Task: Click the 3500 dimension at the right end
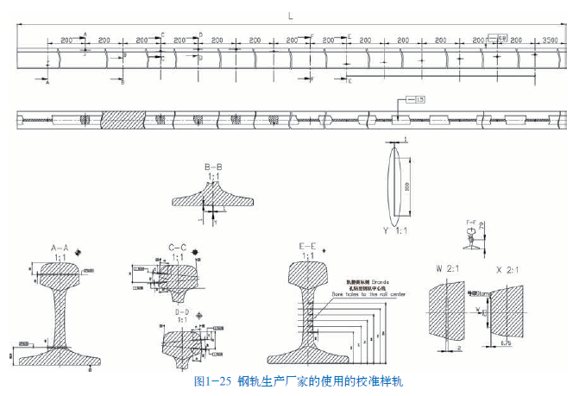pyautogui.click(x=551, y=41)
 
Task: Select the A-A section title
pyautogui.click(x=61, y=247)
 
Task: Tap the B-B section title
pyautogui.click(x=214, y=166)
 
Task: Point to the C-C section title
pyautogui.click(x=179, y=247)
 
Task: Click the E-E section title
pyautogui.click(x=308, y=246)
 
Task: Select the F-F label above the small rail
pyautogui.click(x=471, y=223)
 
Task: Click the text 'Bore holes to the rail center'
pyautogui.click(x=368, y=294)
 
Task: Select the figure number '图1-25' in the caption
pyautogui.click(x=211, y=380)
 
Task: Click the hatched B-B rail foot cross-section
pyautogui.click(x=213, y=198)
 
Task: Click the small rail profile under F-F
pyautogui.click(x=470, y=241)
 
